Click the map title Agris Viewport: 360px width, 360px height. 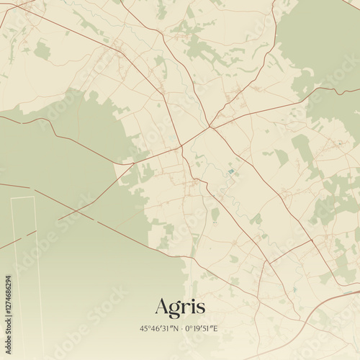(179, 307)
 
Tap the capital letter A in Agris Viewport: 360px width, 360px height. (163, 306)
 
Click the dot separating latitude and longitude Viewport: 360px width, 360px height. (182, 328)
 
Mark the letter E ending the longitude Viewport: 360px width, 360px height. (215, 328)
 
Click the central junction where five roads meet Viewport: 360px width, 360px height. (210, 128)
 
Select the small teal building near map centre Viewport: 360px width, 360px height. (230, 171)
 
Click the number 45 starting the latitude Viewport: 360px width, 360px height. (143, 328)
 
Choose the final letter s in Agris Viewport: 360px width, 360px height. (199, 308)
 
